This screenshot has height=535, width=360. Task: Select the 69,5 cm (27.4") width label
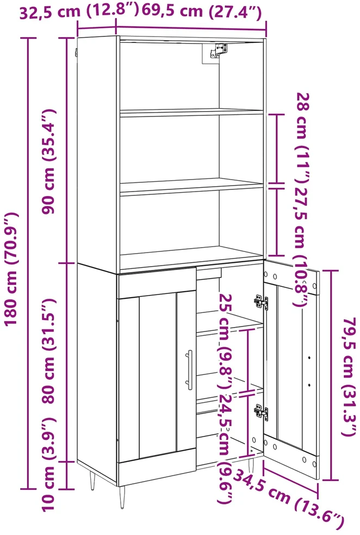pyautogui.click(x=202, y=11)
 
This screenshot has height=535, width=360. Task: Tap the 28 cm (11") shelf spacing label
pyautogui.click(x=302, y=137)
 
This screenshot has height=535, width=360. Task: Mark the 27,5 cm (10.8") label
pyautogui.click(x=302, y=245)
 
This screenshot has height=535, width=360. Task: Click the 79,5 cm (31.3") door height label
pyautogui.click(x=350, y=377)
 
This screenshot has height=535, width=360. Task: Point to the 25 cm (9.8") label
pyautogui.click(x=226, y=341)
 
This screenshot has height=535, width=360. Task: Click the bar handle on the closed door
pyautogui.click(x=189, y=370)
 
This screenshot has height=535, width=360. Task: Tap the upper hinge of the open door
pyautogui.click(x=261, y=302)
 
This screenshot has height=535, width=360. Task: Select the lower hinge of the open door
pyautogui.click(x=261, y=412)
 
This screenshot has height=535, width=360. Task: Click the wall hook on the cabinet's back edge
pyautogui.click(x=76, y=53)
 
